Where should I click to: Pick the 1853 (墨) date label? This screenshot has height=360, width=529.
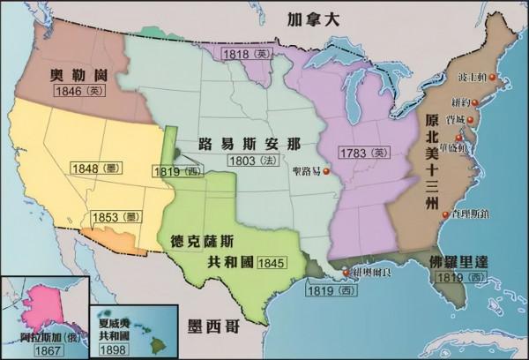(x=110, y=216)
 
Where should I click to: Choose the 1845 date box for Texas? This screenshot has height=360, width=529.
(x=271, y=240)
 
